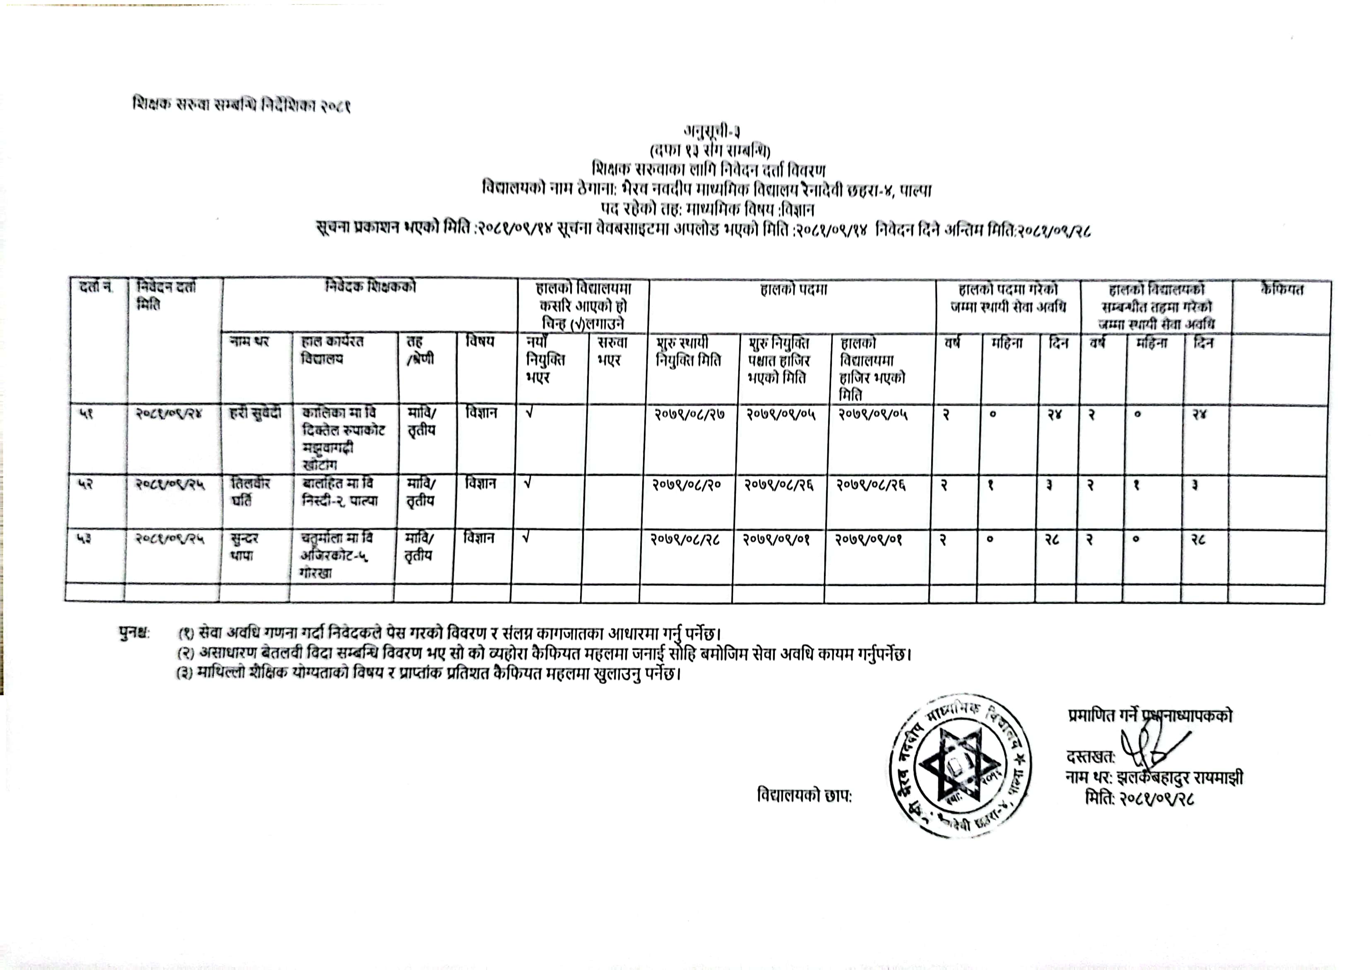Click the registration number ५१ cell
86,413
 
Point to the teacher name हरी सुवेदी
255,413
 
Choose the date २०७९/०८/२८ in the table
685,539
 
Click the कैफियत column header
1282,290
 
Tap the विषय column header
480,342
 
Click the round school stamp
959,765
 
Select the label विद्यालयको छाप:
804,796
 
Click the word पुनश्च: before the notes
135,633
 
